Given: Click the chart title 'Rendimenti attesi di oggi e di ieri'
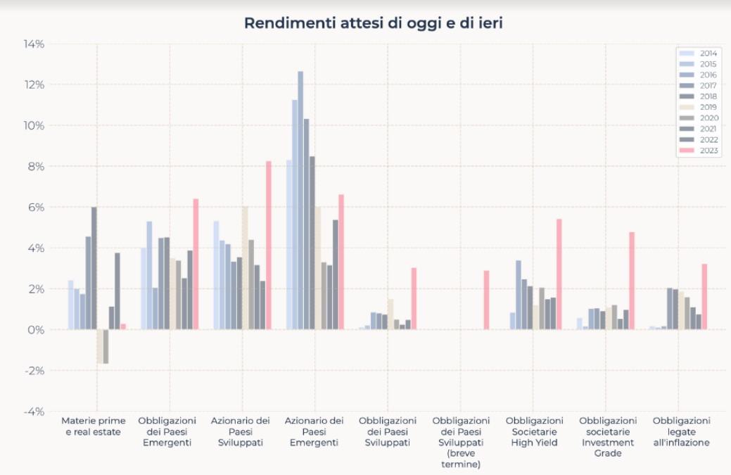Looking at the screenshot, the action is (374, 23).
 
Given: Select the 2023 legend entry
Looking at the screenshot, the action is (698, 151).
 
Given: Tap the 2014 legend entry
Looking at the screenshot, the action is (698, 53).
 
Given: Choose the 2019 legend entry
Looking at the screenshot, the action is (698, 107).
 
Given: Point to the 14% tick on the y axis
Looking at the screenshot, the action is (34, 44).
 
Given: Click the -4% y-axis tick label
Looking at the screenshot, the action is (34, 412).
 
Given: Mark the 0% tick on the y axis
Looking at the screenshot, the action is (36, 330).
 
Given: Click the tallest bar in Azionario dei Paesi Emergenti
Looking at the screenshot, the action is (300, 201).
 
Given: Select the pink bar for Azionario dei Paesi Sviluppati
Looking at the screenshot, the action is (269, 246).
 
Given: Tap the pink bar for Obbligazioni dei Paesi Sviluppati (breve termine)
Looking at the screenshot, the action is (486, 300).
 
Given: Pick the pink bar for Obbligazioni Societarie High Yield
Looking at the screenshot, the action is (559, 274).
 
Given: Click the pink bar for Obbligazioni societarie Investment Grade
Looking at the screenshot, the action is (632, 281).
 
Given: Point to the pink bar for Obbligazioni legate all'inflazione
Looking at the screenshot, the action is (704, 297).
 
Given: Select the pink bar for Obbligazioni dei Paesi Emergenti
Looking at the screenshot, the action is (196, 265).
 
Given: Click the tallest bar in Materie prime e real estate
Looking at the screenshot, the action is (94, 269).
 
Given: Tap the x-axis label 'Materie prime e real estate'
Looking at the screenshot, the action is (94, 426).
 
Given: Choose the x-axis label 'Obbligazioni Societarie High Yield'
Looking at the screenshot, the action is (534, 431).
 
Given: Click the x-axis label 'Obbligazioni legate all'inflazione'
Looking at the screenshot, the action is (681, 431).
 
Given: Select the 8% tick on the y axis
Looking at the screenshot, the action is (36, 166).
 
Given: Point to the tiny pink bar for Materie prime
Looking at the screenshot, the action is (124, 327).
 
